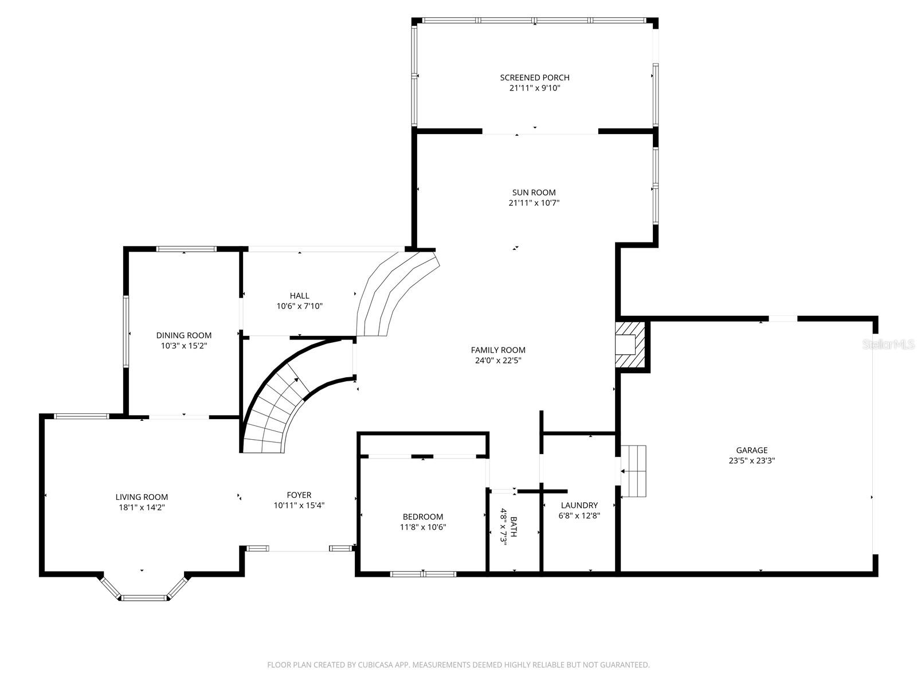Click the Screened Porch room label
click(534, 77)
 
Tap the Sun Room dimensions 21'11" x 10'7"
click(534, 203)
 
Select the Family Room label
click(498, 350)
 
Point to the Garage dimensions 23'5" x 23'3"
click(752, 460)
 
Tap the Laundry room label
click(579, 505)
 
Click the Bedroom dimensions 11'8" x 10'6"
click(423, 527)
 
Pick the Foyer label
click(299, 495)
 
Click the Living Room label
click(142, 497)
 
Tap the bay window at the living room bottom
click(144, 597)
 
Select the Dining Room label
click(183, 335)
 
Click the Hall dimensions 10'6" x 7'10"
click(299, 306)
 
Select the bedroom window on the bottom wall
click(423, 573)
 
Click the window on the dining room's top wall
click(186, 249)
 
